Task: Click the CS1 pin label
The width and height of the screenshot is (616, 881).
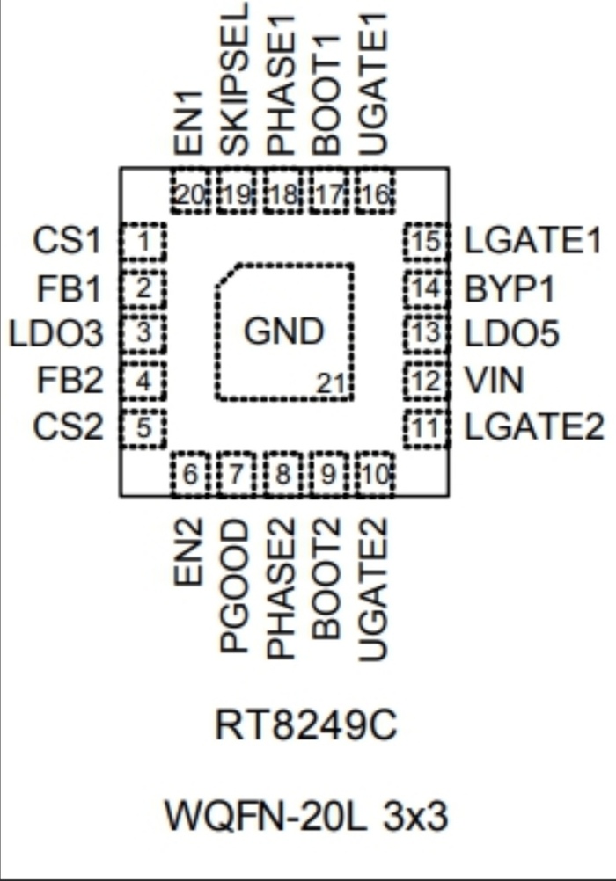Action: coord(67,241)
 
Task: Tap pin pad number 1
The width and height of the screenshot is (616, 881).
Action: coord(142,241)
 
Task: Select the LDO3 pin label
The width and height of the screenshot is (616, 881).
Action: coord(55,334)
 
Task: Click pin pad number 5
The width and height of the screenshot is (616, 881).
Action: coord(142,429)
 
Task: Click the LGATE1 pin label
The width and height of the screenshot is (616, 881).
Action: coord(533,241)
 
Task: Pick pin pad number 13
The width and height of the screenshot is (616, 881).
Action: coord(426,334)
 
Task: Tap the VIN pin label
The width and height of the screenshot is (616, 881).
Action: coord(494,382)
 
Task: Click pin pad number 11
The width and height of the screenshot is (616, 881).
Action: coord(426,429)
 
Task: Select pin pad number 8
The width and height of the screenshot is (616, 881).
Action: coord(282,476)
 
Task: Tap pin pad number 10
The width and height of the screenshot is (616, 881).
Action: coord(376,476)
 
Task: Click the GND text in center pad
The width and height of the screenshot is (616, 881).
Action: coord(283,332)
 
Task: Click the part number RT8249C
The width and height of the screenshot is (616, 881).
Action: coord(306,727)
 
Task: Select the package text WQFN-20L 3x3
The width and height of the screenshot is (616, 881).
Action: coord(306,817)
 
